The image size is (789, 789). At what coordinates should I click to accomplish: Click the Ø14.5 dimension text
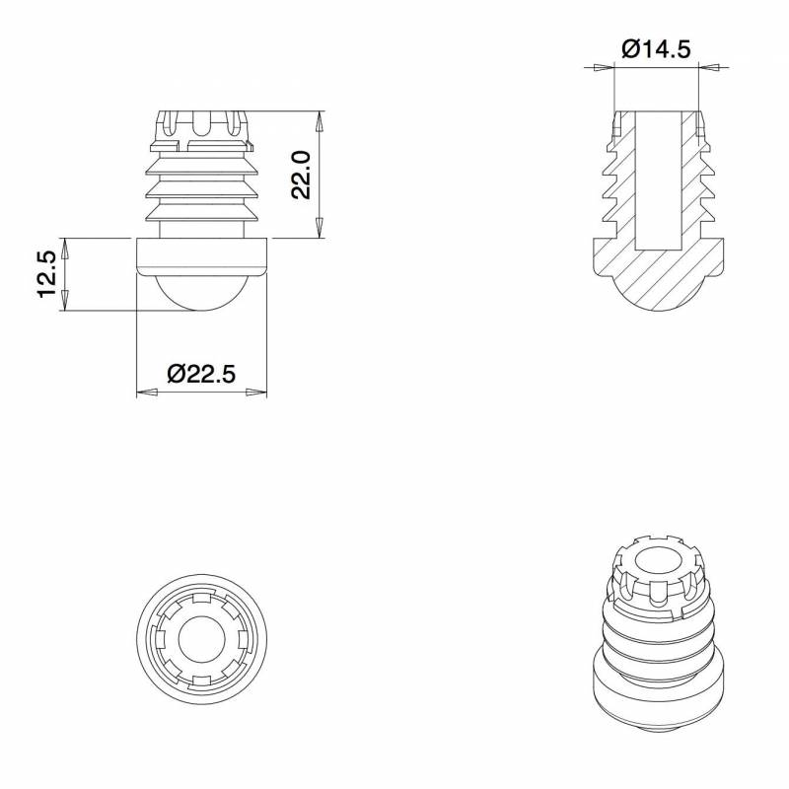(656, 48)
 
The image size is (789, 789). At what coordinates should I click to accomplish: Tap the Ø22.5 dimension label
(201, 374)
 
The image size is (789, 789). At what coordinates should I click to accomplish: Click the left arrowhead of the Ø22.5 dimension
(145, 393)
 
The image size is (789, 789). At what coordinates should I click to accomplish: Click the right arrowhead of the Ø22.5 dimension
(257, 393)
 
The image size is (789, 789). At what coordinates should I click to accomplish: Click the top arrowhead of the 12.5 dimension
(66, 246)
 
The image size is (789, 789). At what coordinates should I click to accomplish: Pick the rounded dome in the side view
(201, 293)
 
